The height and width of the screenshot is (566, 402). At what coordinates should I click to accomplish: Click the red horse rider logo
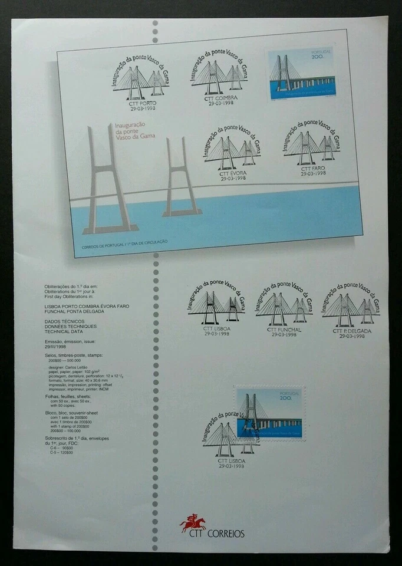(x=192, y=521)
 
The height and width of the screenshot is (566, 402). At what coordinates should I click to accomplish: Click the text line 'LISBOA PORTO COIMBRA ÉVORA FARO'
(x=87, y=307)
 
